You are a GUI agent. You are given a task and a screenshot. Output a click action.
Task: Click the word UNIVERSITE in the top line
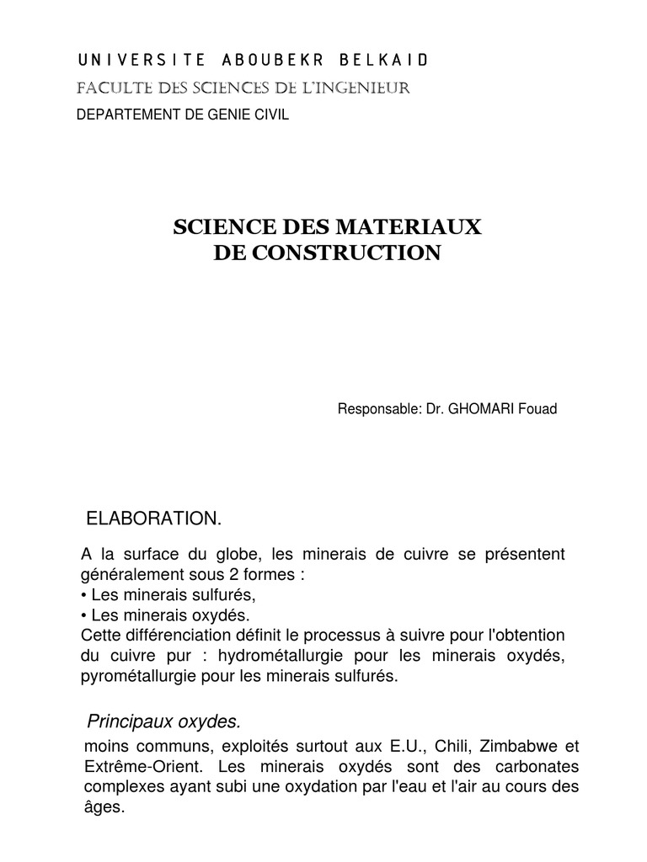coord(131,60)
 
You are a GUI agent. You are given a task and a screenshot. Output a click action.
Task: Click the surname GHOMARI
coord(478,410)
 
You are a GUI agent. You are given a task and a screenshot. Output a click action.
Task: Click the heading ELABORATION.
coord(154,519)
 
